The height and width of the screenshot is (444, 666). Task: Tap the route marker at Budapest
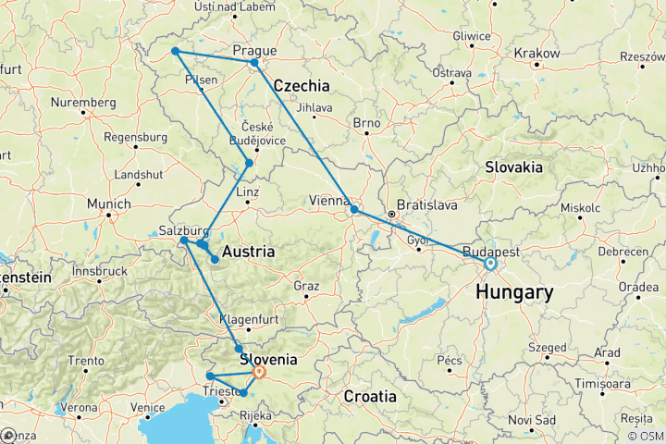click(x=489, y=264)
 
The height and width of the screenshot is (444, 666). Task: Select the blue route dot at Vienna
click(x=354, y=210)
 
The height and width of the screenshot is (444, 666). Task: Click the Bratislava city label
click(x=427, y=204)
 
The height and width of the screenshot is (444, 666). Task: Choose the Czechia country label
click(x=302, y=85)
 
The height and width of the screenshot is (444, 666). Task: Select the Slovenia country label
click(x=267, y=359)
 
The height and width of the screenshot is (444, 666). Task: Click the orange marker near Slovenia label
click(x=260, y=372)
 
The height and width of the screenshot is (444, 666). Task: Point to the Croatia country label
click(x=370, y=396)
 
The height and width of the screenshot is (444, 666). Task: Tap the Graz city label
click(x=306, y=286)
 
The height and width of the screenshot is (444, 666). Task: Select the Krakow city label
click(x=536, y=54)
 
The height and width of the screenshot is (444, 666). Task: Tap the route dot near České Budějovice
click(x=249, y=164)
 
